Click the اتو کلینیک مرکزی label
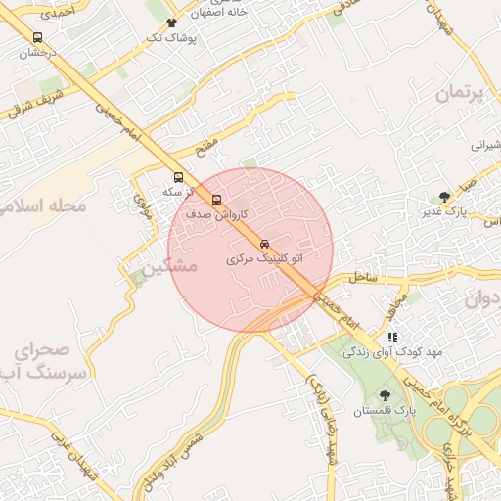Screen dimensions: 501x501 coord(264,259)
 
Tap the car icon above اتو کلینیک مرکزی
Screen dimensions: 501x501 coord(265,243)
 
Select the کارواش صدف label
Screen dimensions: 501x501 coord(216,213)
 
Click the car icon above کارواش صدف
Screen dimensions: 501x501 coord(217,199)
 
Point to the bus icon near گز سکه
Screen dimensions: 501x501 coord(178,178)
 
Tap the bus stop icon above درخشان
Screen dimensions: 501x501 coord(38,37)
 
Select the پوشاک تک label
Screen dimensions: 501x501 coord(171,37)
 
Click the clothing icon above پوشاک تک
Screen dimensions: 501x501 coord(172,22)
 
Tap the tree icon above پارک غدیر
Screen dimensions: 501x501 coord(444,196)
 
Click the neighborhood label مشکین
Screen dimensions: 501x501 coord(168,266)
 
